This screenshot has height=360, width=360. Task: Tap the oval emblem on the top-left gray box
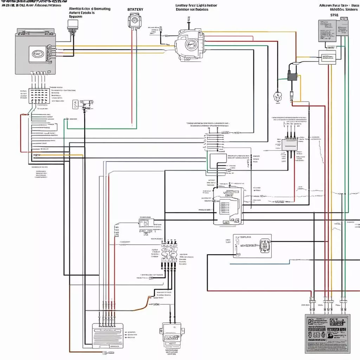coord(37,54)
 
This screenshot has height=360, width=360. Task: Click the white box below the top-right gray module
coord(327,57)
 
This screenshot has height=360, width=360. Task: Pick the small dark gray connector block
coord(291,76)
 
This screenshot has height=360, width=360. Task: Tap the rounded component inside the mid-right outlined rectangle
coord(265,245)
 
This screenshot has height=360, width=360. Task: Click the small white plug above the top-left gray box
coord(72,25)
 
